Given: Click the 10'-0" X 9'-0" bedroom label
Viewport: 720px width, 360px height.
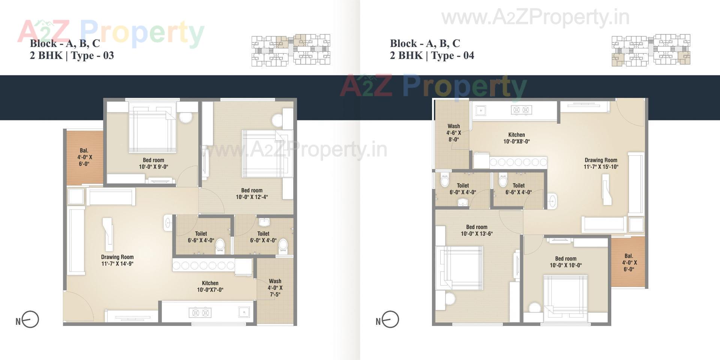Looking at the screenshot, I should (153, 163).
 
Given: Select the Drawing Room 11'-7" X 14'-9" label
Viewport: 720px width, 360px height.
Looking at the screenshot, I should (117, 260).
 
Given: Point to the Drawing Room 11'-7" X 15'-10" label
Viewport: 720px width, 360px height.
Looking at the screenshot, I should (601, 163).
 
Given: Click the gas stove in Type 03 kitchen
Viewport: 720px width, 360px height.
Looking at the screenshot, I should (200, 312).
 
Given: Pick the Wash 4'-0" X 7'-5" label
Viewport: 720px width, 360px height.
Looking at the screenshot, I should (275, 288).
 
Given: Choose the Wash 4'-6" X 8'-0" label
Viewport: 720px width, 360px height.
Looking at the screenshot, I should (453, 133).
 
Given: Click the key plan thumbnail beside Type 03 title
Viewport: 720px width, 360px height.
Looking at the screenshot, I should (291, 50).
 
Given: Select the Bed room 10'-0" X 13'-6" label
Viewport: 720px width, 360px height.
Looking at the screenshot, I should (477, 230).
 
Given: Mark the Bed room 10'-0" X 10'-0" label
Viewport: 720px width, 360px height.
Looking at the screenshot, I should (565, 262).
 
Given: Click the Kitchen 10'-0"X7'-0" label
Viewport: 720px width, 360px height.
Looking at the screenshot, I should (210, 286).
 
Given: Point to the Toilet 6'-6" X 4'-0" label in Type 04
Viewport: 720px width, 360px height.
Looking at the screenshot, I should (518, 189).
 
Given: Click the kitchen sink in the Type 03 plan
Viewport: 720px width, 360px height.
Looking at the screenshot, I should (244, 312).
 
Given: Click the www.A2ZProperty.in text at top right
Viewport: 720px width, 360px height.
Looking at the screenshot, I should (535, 17).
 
